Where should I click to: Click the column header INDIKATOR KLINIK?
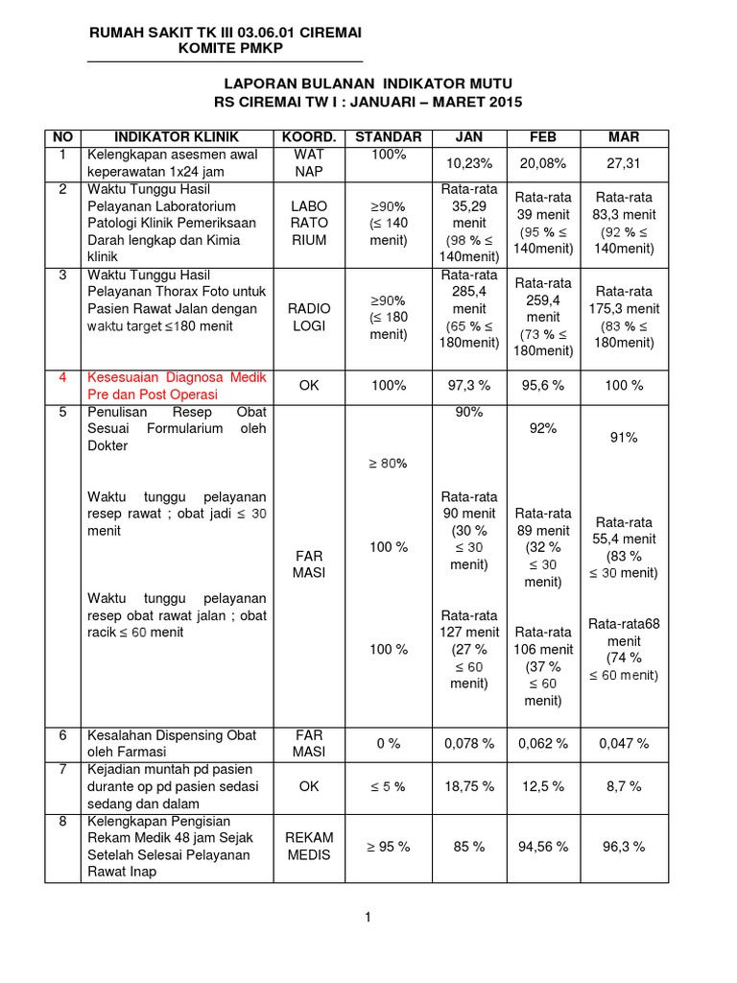[176, 137]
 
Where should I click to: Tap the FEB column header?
[543, 137]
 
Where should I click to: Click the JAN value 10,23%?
[468, 163]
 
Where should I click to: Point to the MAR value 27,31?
[624, 163]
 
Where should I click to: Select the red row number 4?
[62, 376]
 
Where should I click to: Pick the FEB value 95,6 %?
[543, 385]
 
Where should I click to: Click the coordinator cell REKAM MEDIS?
[309, 846]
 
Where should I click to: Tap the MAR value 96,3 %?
[624, 847]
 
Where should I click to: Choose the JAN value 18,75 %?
[468, 786]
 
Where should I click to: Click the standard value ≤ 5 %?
[389, 786]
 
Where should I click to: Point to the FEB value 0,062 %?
[543, 743]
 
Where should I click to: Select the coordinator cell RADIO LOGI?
[309, 317]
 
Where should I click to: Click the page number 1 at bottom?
[368, 918]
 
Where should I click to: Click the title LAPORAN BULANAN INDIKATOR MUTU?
[369, 84]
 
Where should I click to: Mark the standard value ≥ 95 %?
[389, 847]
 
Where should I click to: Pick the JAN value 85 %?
[468, 847]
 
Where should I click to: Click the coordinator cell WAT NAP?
[309, 163]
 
